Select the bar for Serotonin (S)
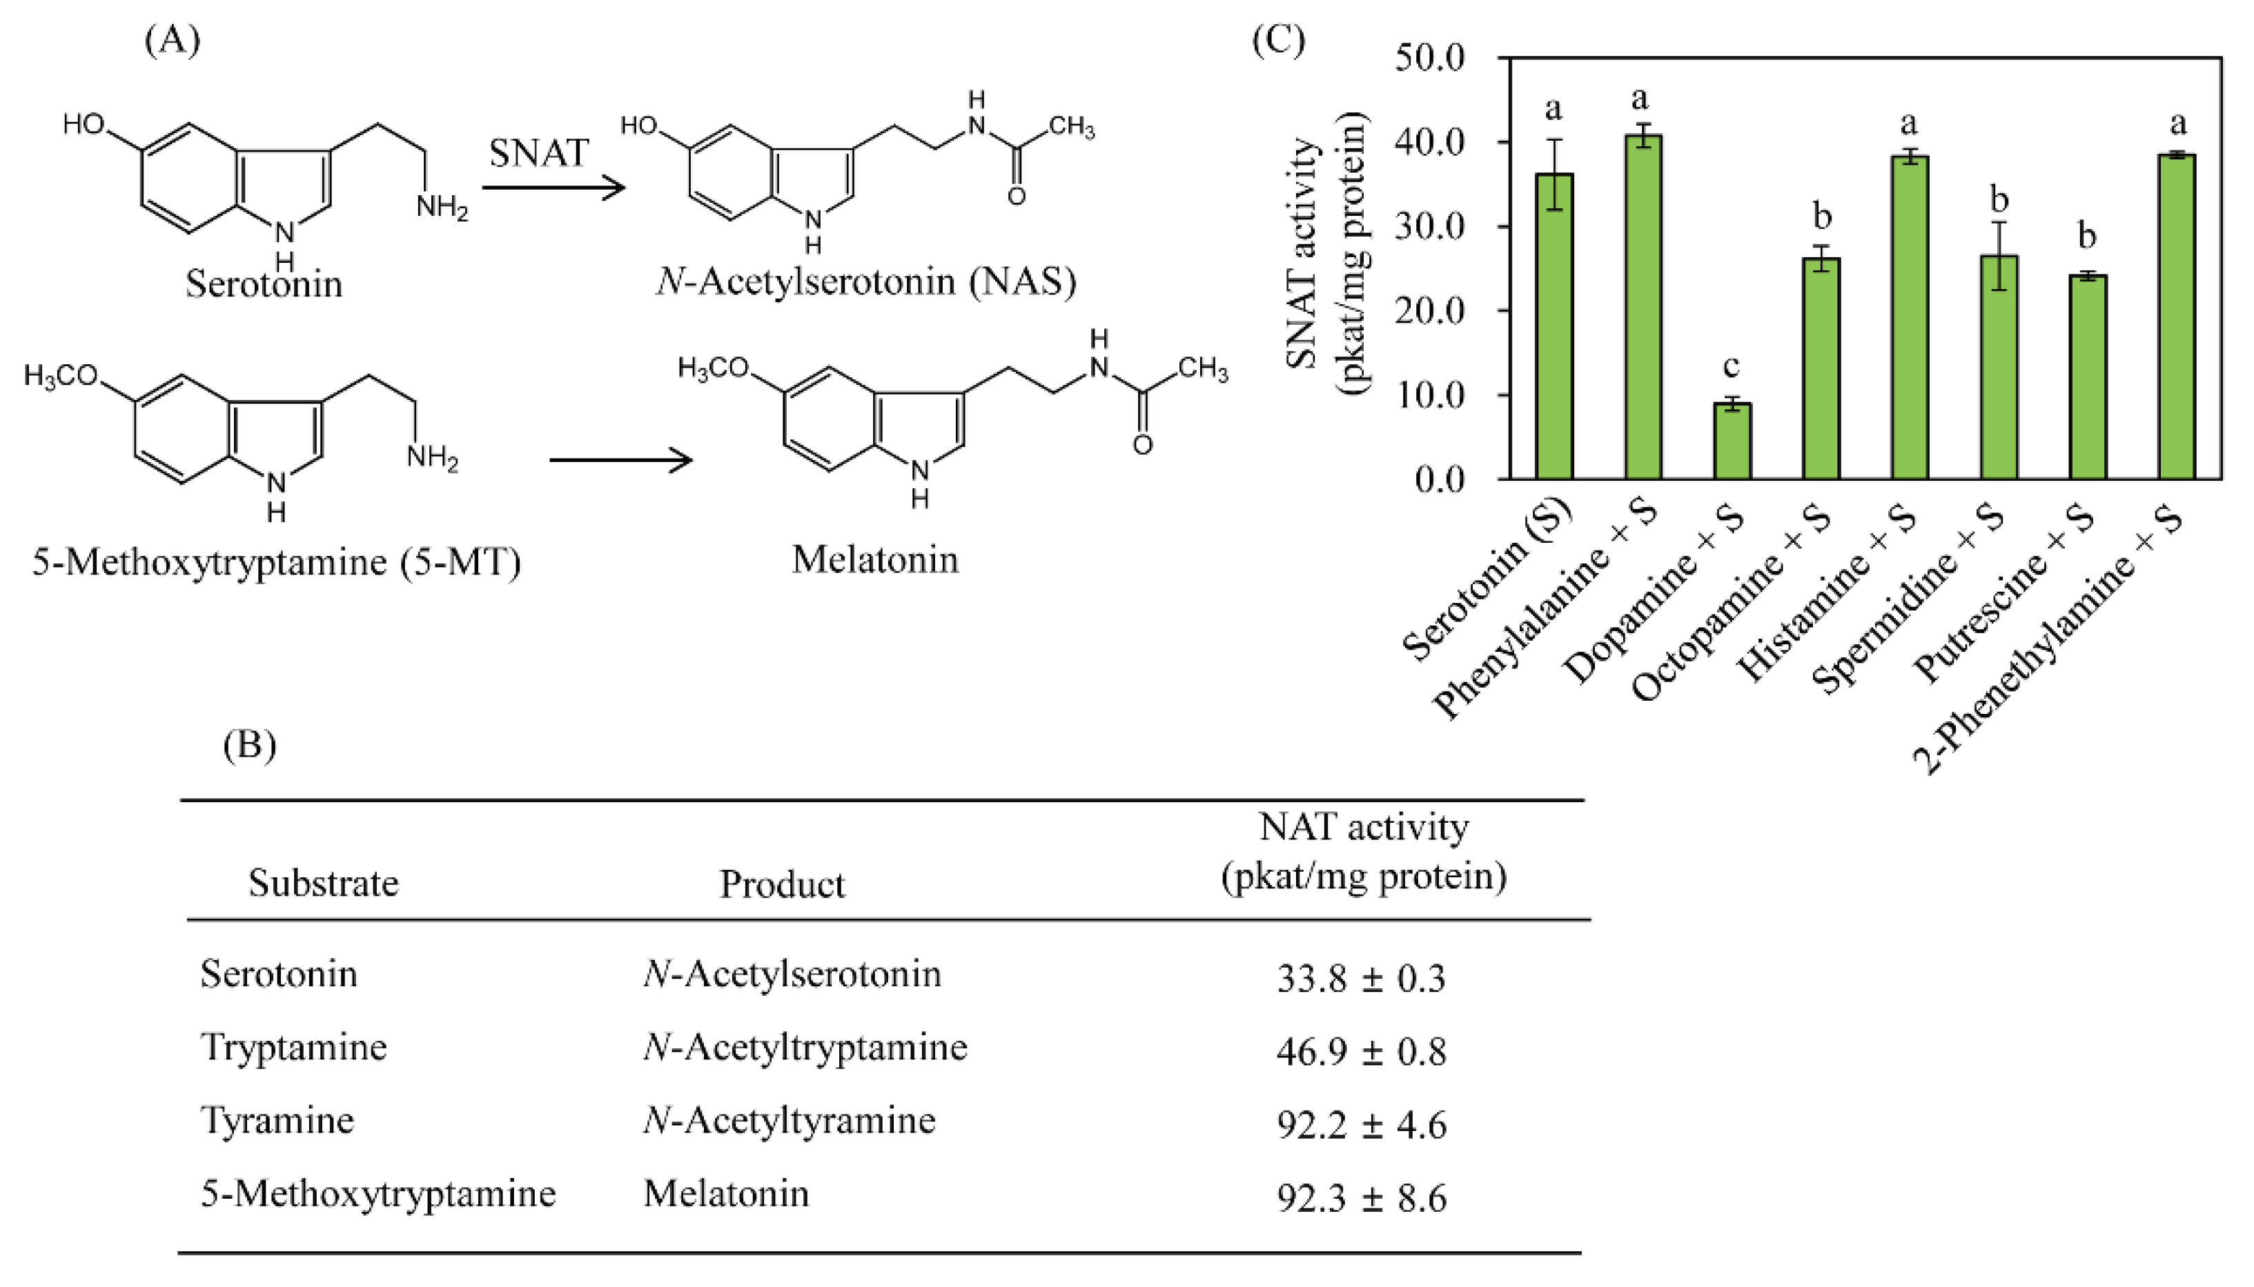(1554, 326)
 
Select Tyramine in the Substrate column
(277, 1121)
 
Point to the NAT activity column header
(1364, 851)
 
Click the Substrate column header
(324, 883)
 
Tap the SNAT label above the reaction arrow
(538, 154)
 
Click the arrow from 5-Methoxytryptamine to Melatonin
(620, 459)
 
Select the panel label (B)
(249, 745)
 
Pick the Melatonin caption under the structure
(874, 559)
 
